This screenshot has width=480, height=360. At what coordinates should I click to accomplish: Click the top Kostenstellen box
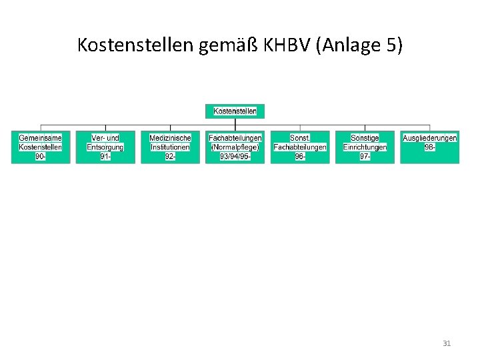pos(235,111)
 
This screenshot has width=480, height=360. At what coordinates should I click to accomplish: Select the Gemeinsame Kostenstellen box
pos(40,147)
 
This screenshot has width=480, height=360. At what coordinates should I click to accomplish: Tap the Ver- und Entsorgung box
pos(105,147)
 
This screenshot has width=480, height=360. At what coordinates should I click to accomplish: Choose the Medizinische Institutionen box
pos(170,147)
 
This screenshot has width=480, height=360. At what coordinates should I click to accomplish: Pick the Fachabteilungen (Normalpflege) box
pos(235,147)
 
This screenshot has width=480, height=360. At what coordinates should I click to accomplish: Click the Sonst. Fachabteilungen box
pos(300,147)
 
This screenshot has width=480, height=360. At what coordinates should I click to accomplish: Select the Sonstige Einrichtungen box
pos(365,147)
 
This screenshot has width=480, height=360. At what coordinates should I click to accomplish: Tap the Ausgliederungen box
pos(429,147)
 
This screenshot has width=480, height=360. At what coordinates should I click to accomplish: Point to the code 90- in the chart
pos(40,156)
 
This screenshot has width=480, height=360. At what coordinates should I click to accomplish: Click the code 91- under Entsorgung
pos(105,156)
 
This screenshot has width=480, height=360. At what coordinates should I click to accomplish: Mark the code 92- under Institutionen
pos(170,156)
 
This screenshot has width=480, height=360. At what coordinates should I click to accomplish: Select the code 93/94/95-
pos(235,156)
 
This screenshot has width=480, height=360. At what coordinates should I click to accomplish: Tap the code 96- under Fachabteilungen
pos(300,156)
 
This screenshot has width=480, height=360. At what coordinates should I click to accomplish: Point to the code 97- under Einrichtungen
pos(365,156)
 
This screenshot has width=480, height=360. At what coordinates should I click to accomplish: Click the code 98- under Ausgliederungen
pos(429,147)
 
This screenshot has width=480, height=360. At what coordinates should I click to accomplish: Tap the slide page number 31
pos(447,343)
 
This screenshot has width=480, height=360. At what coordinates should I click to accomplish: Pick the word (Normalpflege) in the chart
pos(235,147)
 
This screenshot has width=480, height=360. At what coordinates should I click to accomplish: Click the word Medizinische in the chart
pos(170,138)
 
